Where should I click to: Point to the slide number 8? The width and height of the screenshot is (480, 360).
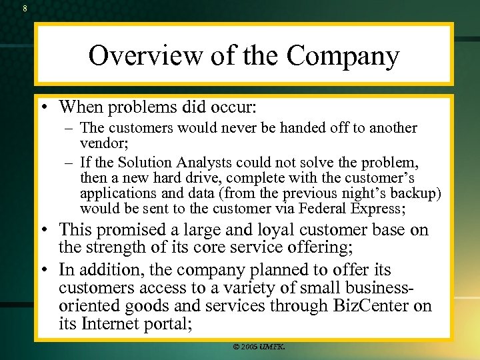[25, 9]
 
